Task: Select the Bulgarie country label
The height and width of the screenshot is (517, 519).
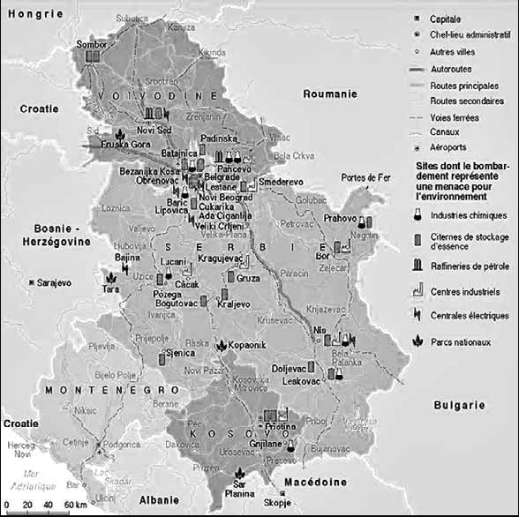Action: click(459, 405)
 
